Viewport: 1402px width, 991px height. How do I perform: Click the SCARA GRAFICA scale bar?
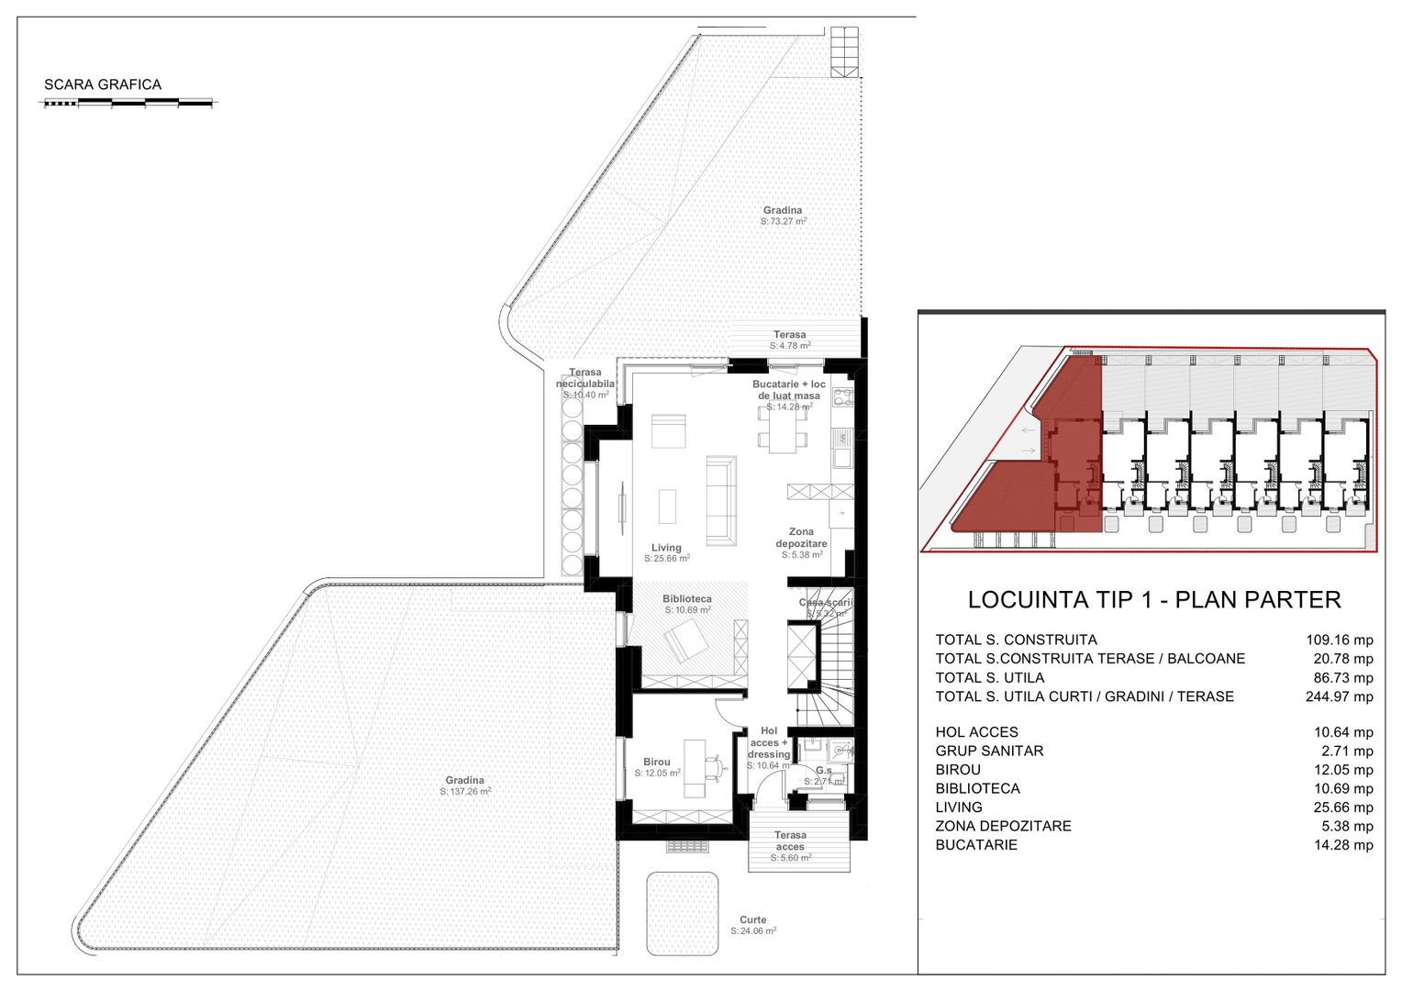128,104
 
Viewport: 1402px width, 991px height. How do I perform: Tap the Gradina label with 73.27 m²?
783,216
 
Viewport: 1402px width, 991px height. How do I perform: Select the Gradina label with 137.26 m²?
465,785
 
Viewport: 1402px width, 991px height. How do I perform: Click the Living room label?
667,552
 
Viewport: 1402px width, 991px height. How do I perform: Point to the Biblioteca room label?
687,604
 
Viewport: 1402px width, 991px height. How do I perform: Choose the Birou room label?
657,767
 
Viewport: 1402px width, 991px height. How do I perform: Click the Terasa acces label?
790,846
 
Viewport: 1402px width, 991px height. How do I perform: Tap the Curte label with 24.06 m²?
753,925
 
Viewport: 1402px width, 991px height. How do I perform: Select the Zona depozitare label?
801,543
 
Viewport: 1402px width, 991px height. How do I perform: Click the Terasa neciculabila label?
585,384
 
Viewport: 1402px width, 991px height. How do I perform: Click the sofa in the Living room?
720,500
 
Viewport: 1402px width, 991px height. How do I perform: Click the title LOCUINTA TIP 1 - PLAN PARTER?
1153,600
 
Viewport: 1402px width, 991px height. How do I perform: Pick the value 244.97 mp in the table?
1339,696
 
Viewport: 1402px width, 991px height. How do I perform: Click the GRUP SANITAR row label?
989,751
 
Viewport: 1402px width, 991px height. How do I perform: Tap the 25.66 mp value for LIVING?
1343,807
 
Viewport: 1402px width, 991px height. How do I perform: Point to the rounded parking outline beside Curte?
682,913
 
